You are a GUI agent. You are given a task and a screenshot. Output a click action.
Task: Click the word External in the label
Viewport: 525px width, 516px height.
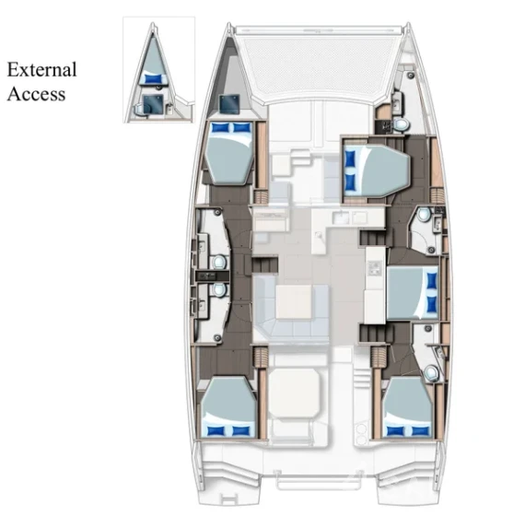(x=41, y=70)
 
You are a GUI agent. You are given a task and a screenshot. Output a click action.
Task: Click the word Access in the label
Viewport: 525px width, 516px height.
(x=36, y=93)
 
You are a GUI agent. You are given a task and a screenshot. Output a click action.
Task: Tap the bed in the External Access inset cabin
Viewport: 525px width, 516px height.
(x=154, y=59)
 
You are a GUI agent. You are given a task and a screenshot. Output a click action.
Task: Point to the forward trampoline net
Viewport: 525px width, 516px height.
(x=316, y=64)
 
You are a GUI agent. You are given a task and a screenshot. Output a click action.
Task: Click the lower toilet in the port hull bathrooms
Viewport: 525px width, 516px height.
(x=217, y=289)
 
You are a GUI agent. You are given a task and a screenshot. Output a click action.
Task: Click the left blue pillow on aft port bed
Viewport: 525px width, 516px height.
(x=216, y=429)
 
